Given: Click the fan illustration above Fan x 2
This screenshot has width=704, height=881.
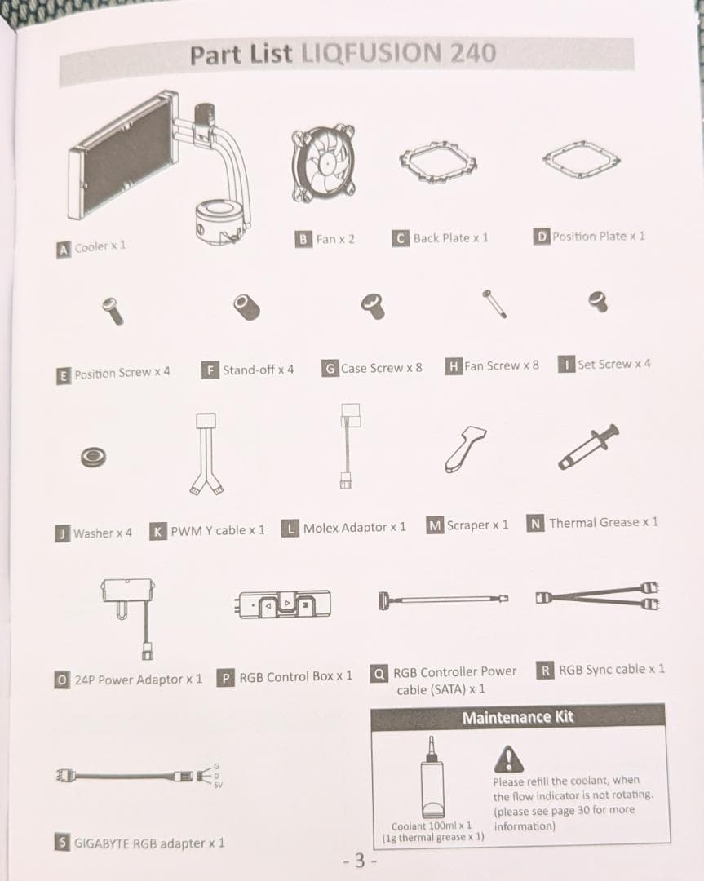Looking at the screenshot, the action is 324,163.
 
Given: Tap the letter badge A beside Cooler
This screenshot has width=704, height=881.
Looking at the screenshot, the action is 64,250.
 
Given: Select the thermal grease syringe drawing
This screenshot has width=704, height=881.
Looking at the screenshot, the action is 588,447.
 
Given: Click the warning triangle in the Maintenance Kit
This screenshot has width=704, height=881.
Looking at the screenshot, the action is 508,759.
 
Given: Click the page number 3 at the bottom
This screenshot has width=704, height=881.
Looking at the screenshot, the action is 360,861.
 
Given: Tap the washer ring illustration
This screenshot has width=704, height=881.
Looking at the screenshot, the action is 93,457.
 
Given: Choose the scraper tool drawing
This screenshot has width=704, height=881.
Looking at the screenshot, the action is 465,449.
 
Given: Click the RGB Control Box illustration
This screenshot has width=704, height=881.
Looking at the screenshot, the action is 282,604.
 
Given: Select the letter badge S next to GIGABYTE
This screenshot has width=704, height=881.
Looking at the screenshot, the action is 62,842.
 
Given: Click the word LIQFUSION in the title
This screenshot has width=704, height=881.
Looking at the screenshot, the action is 372,53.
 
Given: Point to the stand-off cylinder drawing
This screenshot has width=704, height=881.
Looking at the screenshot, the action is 246,308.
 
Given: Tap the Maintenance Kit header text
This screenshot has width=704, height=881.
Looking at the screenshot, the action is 517,718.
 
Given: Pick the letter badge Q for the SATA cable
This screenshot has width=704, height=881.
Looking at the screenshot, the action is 379,673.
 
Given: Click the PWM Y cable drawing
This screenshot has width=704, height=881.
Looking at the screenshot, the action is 206,454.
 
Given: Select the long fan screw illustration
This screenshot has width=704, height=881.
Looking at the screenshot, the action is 494,304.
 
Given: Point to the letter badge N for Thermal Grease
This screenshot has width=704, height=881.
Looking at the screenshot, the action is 535,524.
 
